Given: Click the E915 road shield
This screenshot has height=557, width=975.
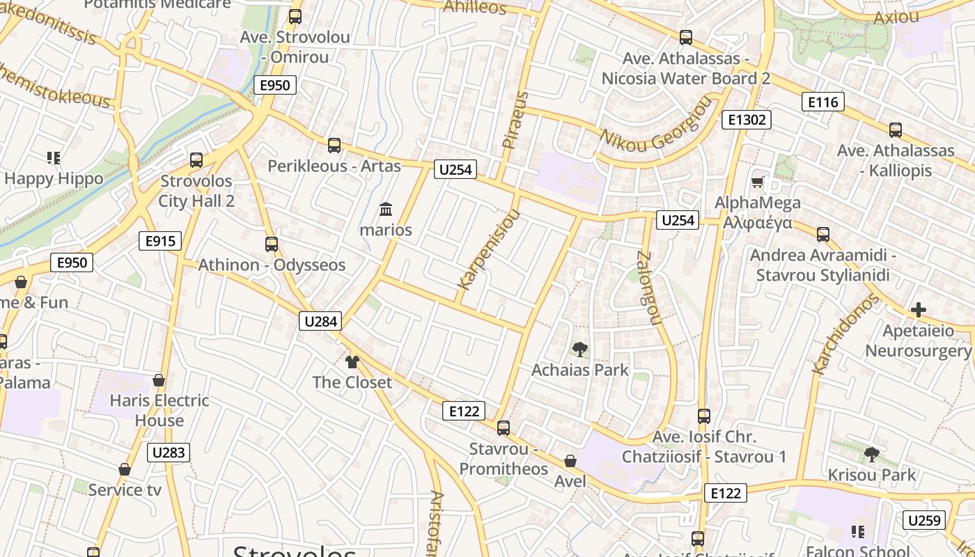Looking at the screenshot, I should click(x=160, y=241).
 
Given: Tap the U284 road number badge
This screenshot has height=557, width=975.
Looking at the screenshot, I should click(x=321, y=321).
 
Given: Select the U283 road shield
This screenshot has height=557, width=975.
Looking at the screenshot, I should click(x=169, y=453).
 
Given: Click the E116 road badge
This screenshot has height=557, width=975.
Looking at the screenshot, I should click(x=822, y=102).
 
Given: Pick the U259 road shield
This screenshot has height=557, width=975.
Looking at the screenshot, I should click(x=924, y=519).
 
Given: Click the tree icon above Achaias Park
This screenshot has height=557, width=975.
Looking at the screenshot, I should click(x=579, y=350).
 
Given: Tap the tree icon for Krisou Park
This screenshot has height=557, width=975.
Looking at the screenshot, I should click(x=871, y=455).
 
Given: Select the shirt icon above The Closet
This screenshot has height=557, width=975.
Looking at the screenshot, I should click(x=352, y=361).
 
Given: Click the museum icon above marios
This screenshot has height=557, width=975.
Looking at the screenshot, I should click(x=386, y=209).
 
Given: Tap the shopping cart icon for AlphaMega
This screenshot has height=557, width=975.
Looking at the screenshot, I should click(x=758, y=182).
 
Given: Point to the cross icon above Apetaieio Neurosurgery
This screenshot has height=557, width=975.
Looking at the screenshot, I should click(x=918, y=310).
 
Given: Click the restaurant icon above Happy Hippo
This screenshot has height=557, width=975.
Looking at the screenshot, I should click(x=54, y=158).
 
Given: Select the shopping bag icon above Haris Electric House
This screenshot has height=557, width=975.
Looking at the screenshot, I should click(x=159, y=380).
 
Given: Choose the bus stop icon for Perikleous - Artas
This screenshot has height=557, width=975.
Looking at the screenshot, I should click(x=334, y=146).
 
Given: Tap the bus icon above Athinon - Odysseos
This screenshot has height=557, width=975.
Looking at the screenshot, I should click(x=272, y=244).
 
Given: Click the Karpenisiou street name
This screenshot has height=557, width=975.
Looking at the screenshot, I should click(x=489, y=249).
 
